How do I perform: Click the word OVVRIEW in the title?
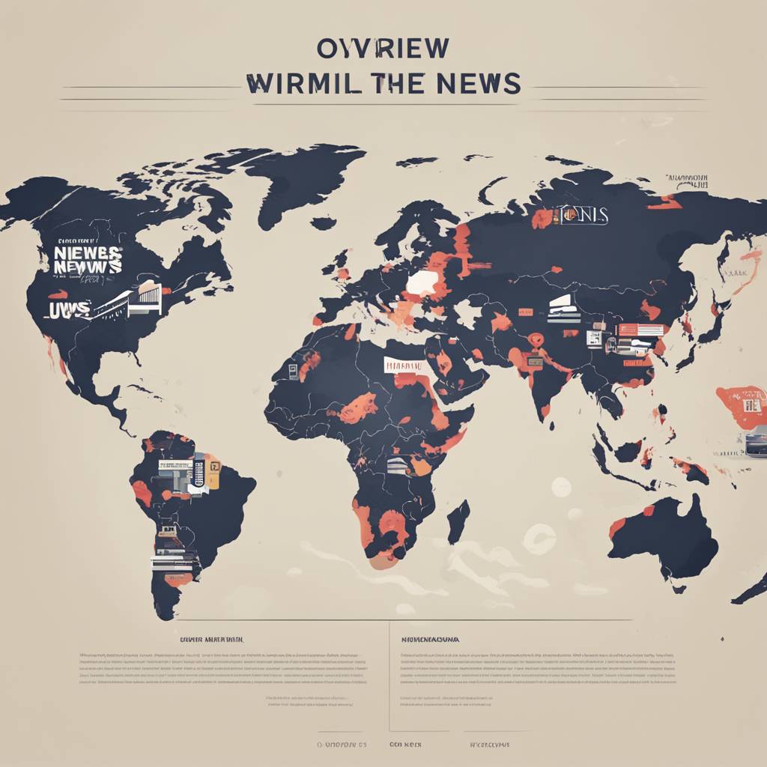click(x=383, y=48)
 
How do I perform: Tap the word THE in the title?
click(x=405, y=84)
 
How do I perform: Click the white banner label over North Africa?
click(x=402, y=365)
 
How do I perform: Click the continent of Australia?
click(x=663, y=536)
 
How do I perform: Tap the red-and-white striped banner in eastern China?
click(x=640, y=330)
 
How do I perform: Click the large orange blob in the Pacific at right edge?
click(x=742, y=406)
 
